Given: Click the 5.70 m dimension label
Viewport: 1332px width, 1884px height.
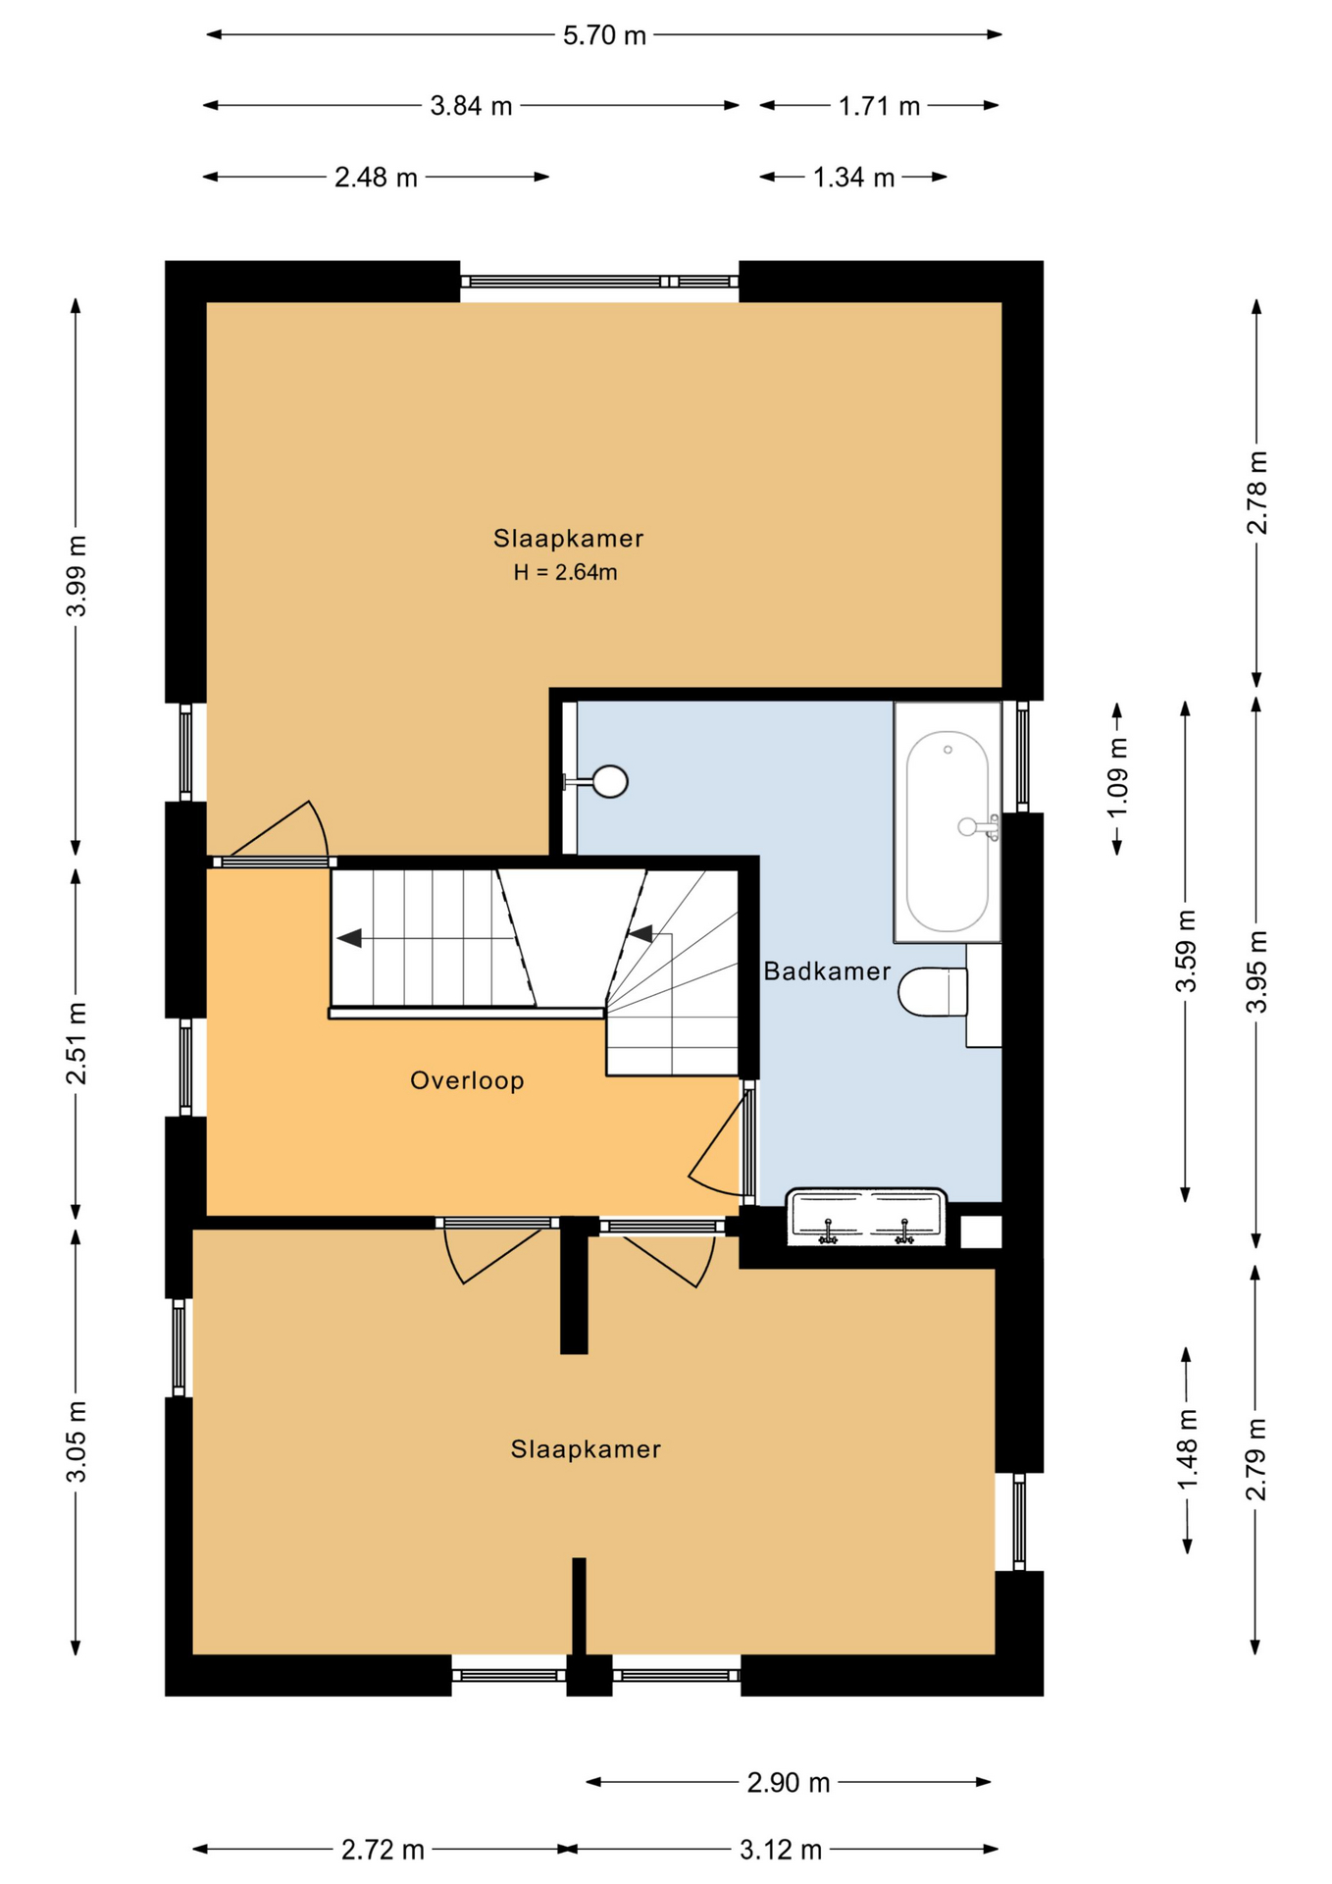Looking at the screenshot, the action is tap(604, 36).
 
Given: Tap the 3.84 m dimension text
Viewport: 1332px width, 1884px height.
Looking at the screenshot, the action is tap(471, 106).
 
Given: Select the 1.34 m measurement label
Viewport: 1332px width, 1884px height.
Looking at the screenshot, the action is tap(853, 178).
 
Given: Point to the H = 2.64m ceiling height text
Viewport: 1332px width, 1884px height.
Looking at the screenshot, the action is tap(565, 572).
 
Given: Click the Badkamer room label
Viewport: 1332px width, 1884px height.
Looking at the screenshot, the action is tap(827, 971).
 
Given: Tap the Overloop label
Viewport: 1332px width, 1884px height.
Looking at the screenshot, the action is tap(467, 1080).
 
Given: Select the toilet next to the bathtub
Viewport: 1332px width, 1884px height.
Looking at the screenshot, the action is tap(934, 992).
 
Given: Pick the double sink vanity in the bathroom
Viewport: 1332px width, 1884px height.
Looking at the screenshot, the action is tap(866, 1218).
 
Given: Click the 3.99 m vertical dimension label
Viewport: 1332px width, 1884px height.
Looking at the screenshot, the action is tap(77, 576).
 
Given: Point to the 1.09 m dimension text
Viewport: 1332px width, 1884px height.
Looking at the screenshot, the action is tap(1117, 777).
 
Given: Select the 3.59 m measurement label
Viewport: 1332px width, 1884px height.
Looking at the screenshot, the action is tap(1186, 951).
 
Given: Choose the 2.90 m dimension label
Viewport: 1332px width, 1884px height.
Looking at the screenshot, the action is tap(789, 1782).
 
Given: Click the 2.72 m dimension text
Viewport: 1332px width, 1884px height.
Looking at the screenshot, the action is tap(383, 1850).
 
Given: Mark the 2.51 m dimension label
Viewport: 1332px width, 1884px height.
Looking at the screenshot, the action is tap(77, 1043).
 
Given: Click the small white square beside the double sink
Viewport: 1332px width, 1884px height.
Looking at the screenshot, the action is tap(981, 1231).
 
